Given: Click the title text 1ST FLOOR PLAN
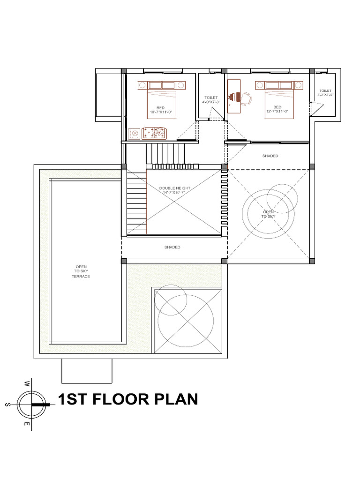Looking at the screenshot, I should [x=127, y=399].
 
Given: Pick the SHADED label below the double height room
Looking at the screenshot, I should [x=172, y=247].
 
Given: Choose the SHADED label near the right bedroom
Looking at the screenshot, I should [x=270, y=156].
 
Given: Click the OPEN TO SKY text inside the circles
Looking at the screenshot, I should [x=268, y=214].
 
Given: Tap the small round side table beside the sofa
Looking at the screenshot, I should [x=135, y=134].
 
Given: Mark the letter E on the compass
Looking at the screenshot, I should [x=27, y=425].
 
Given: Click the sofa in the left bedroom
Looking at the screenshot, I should [x=154, y=133].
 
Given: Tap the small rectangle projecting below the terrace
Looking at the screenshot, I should [x=87, y=371].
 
